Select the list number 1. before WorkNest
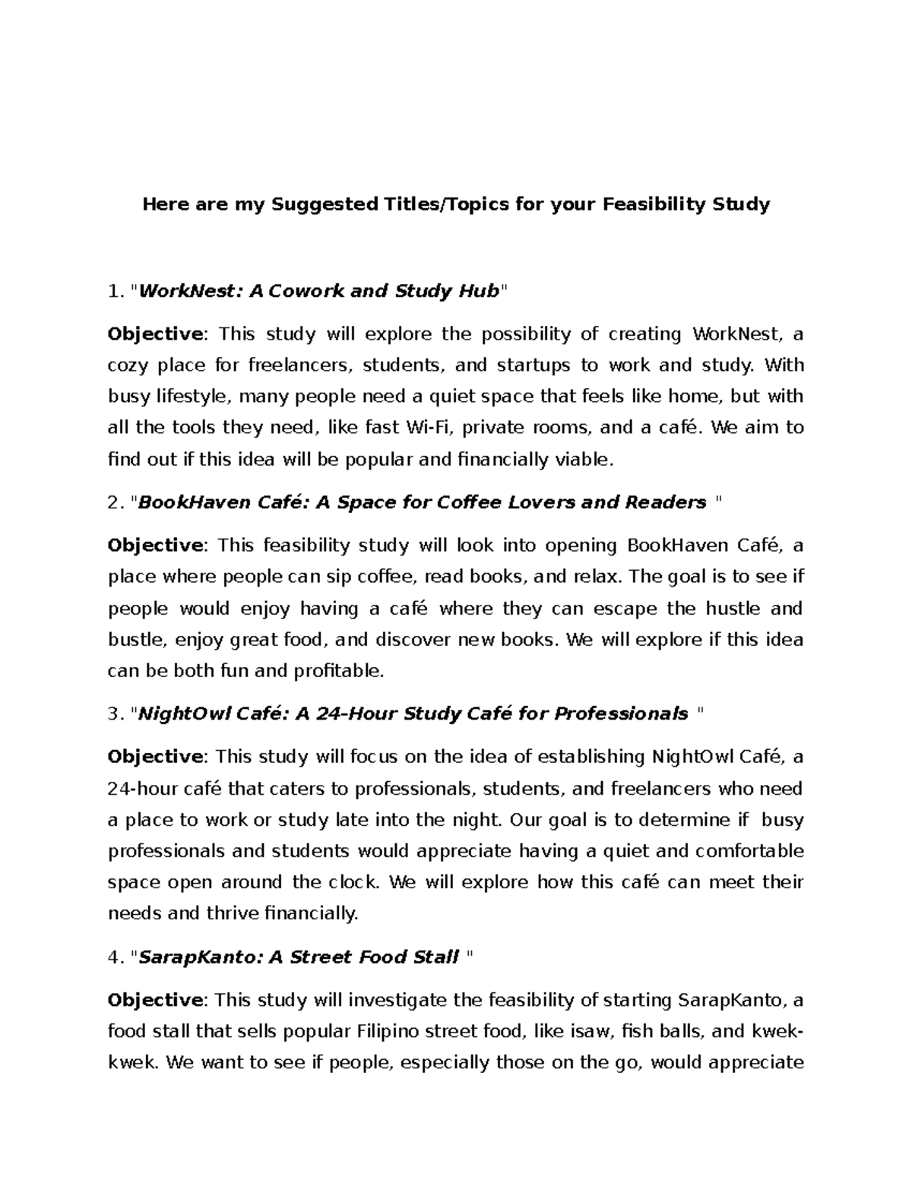(x=115, y=291)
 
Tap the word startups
(x=533, y=365)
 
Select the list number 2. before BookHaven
(x=115, y=503)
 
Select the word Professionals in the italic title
(x=621, y=714)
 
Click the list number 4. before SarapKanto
(x=115, y=957)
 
